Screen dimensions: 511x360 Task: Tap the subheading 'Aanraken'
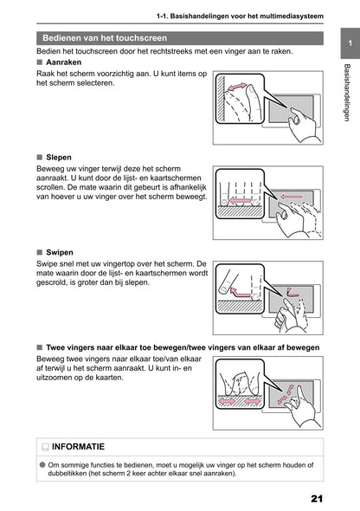pos(65,64)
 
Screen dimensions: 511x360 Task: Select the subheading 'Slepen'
pos(60,158)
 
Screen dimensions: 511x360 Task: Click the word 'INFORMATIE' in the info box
pos(79,447)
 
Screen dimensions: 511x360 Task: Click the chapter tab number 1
pos(348,44)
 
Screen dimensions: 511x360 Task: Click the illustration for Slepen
pos(267,203)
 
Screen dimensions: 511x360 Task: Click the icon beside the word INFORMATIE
pos(44,448)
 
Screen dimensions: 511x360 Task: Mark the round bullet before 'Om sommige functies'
pos(42,464)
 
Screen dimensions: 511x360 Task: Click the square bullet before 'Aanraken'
pos(40,64)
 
